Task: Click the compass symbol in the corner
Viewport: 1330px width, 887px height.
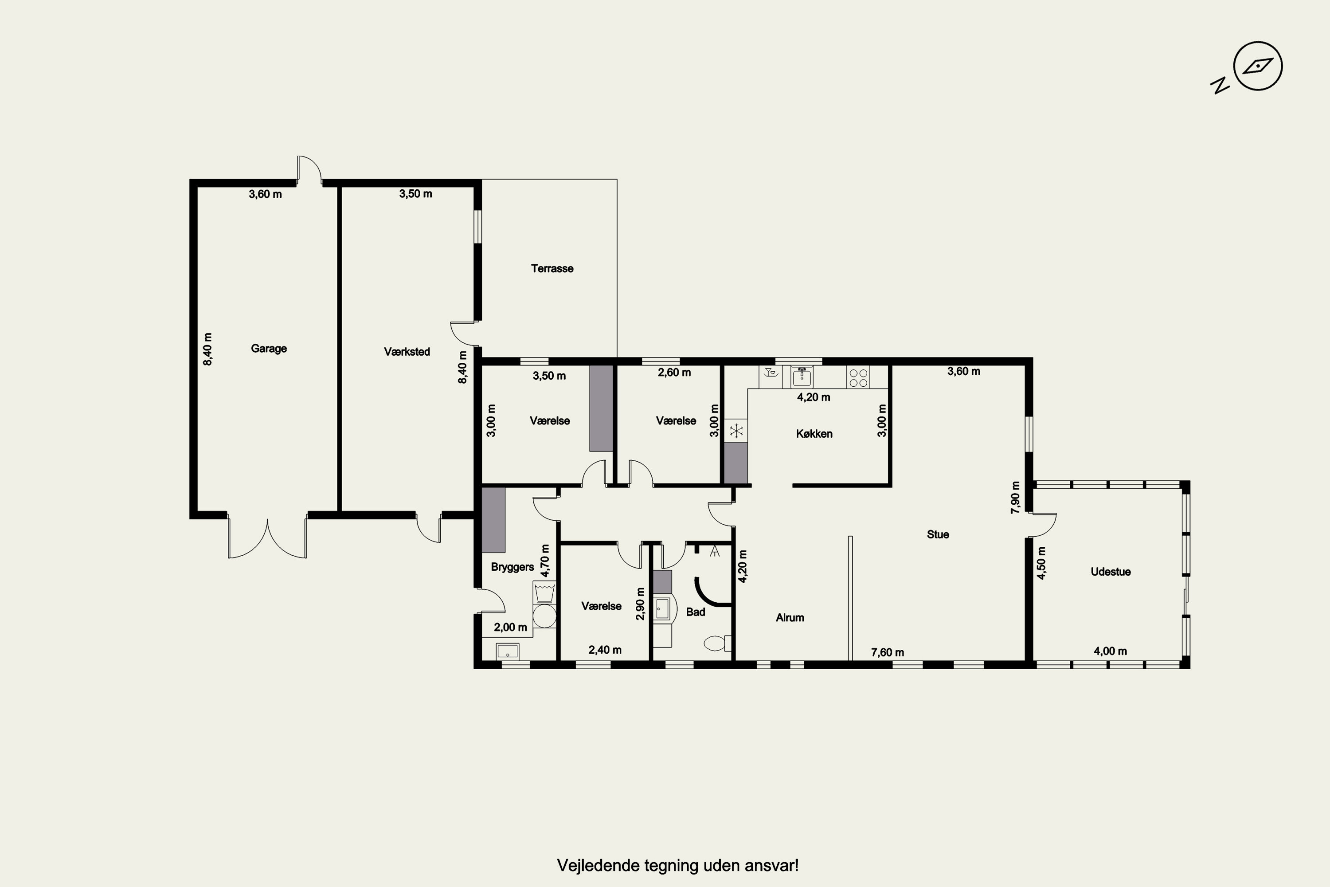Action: tap(1258, 66)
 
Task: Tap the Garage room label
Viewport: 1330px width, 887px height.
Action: tap(269, 349)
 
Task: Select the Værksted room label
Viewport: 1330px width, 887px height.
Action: tap(407, 352)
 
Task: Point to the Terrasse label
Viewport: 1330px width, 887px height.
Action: tap(552, 269)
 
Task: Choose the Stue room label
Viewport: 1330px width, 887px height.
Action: tap(938, 534)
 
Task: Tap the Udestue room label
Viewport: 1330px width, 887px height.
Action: tap(1111, 572)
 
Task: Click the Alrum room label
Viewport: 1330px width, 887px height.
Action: tap(790, 618)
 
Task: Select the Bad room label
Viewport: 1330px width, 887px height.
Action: tap(695, 612)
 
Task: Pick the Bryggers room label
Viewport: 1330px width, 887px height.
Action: tap(512, 567)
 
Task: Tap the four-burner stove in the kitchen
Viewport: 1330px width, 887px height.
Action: tap(858, 378)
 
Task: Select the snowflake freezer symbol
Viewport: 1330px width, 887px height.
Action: tap(735, 432)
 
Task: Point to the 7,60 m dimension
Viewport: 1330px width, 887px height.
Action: tap(887, 652)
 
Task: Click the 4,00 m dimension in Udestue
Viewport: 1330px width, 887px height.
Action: tap(1110, 651)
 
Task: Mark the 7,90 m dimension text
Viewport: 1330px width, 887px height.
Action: tap(1016, 497)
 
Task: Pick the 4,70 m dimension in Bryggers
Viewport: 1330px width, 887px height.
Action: tap(545, 561)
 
